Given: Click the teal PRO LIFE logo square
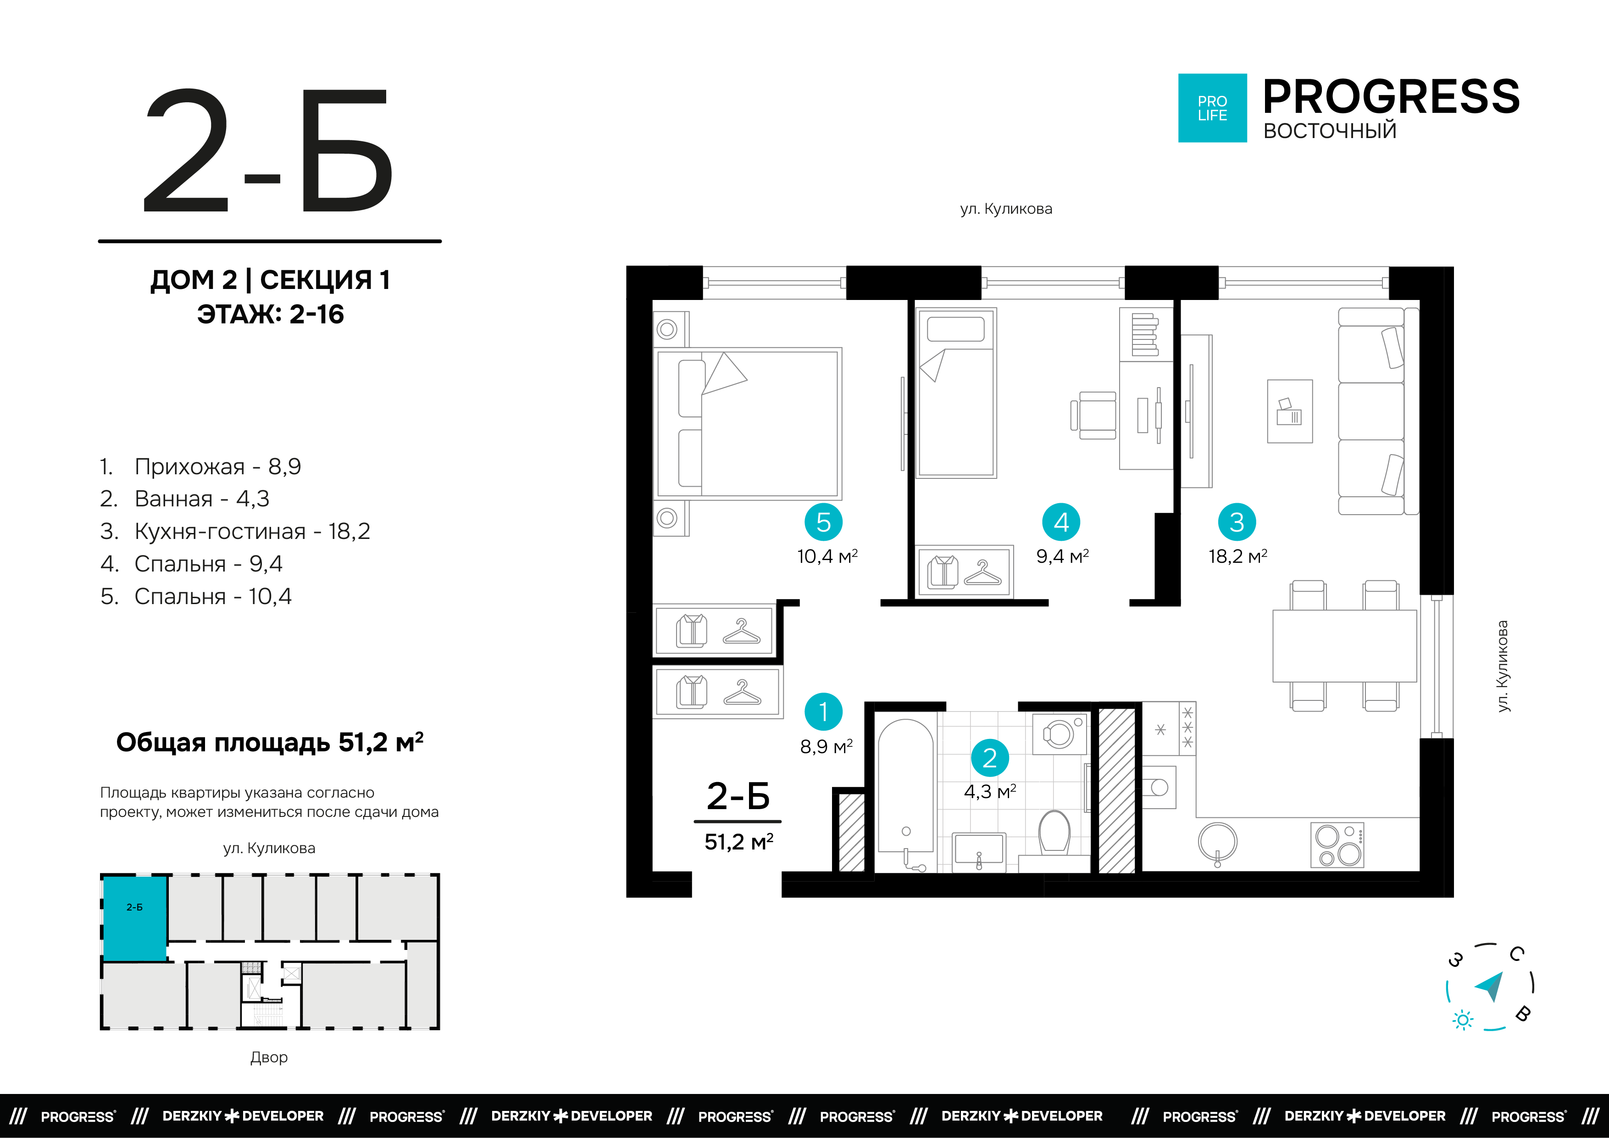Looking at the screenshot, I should tap(1212, 108).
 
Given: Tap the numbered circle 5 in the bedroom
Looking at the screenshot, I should tap(823, 522).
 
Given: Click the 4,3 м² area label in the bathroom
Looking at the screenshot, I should tap(989, 792).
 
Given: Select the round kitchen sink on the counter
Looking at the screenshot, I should tap(1217, 842).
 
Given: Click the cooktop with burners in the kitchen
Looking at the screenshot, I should tap(1337, 845).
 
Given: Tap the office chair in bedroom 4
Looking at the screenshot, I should tap(1095, 416).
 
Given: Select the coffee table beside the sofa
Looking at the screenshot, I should tap(1289, 411).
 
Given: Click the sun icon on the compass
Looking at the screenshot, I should tap(1462, 1020).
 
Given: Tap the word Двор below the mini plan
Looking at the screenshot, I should tap(269, 1057).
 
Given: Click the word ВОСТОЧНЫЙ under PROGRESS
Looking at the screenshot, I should tap(1329, 131).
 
